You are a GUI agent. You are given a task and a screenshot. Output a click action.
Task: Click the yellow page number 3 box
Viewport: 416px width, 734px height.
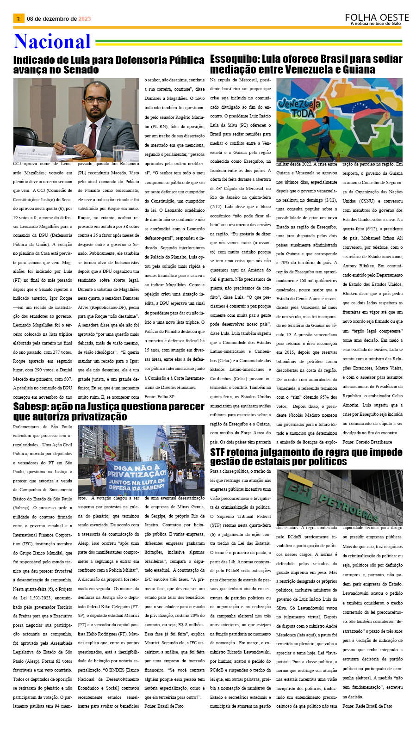(x=18, y=19)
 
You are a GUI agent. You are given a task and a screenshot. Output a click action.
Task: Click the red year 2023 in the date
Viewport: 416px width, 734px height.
(x=85, y=19)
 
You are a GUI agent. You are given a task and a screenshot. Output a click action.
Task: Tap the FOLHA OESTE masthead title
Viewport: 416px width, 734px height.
(x=377, y=18)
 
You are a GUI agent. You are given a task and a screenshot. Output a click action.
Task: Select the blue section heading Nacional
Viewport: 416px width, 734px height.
(x=52, y=42)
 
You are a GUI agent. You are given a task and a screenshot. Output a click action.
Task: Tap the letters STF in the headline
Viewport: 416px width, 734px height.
(x=220, y=452)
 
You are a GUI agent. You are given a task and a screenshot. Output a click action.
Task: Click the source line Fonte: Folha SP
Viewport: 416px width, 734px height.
(x=159, y=396)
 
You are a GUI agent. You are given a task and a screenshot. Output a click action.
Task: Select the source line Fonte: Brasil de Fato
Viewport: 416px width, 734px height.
(x=164, y=706)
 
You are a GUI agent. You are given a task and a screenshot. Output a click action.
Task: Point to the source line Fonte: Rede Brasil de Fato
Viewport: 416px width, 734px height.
(x=367, y=706)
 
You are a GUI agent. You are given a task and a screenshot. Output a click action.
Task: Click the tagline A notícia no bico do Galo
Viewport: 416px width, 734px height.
(x=376, y=24)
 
